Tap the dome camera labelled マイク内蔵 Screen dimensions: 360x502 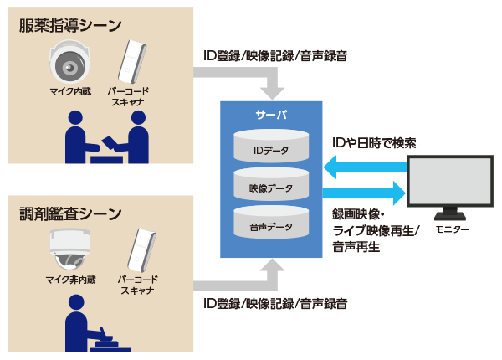tap(69, 60)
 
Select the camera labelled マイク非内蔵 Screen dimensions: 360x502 tap(69, 248)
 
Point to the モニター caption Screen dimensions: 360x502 tap(453, 229)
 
